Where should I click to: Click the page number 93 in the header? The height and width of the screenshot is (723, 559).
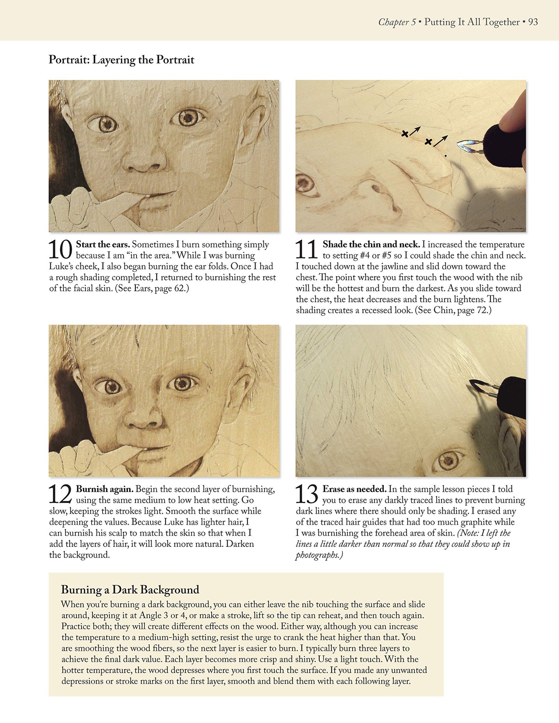tap(533, 22)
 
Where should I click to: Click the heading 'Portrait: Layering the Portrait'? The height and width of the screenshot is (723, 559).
tap(121, 60)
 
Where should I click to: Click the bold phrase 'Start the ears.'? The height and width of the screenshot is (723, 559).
tap(103, 244)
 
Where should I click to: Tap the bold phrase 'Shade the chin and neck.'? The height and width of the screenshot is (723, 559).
tap(371, 244)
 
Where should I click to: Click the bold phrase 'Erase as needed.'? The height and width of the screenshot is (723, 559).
tap(355, 489)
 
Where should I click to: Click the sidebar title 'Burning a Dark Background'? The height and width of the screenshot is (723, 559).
tap(130, 590)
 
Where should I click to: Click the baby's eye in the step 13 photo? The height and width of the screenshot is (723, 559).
tap(448, 460)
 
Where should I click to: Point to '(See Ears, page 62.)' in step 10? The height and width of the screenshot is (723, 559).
tap(152, 288)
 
